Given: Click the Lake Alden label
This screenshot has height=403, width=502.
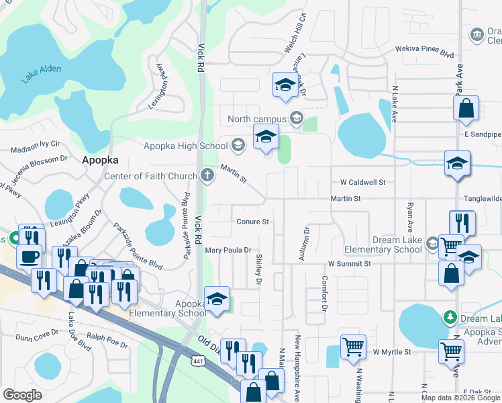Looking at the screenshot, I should (41, 73).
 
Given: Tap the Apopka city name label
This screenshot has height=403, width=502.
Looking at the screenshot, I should (100, 161).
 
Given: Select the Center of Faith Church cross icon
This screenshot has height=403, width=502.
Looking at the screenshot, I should (208, 176).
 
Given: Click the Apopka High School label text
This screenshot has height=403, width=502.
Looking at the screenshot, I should (186, 146).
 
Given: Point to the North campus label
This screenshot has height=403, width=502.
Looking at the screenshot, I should (258, 119).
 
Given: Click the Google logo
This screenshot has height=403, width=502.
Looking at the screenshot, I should (23, 395).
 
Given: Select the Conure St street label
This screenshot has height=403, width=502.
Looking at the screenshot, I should (252, 222).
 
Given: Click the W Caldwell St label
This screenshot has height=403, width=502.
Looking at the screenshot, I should (362, 182).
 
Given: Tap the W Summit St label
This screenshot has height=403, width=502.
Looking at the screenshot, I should (349, 264).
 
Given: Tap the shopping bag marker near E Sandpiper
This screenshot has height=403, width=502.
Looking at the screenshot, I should (466, 109).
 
